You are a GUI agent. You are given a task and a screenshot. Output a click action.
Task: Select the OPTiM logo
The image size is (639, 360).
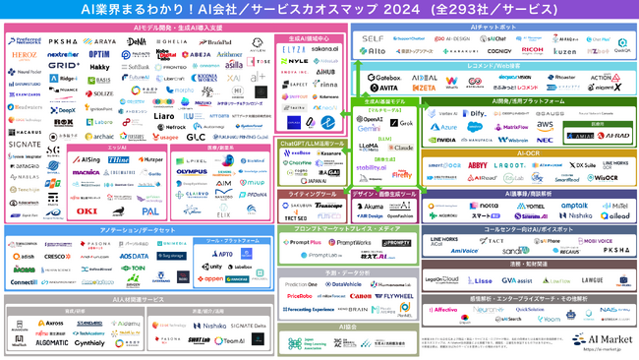(98, 54)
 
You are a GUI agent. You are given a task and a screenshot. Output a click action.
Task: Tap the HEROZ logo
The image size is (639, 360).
(27, 56)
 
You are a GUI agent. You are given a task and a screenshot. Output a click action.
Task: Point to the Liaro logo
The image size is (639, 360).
(166, 115)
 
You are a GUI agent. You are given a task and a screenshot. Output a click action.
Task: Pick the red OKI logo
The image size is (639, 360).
(87, 210)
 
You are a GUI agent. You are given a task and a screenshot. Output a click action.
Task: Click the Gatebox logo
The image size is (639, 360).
(382, 76)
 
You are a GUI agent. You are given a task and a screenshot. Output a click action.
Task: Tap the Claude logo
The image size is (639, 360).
(402, 147)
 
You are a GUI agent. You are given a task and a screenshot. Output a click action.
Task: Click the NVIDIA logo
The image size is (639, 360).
(444, 140)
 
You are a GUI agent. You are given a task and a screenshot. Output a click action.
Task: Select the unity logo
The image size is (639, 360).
(211, 267)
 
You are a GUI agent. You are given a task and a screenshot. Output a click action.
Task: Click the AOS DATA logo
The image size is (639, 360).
(134, 256)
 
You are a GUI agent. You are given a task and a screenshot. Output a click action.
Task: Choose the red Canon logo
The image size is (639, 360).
(359, 295)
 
